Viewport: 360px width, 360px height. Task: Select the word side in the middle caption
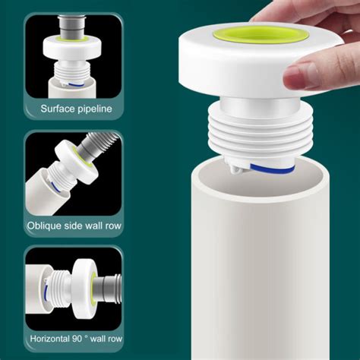click(x=76, y=226)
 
